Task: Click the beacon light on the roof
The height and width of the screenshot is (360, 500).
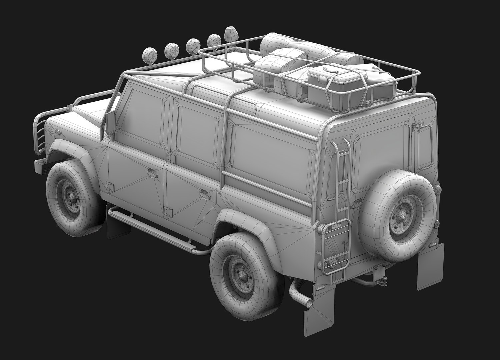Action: [230, 34]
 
